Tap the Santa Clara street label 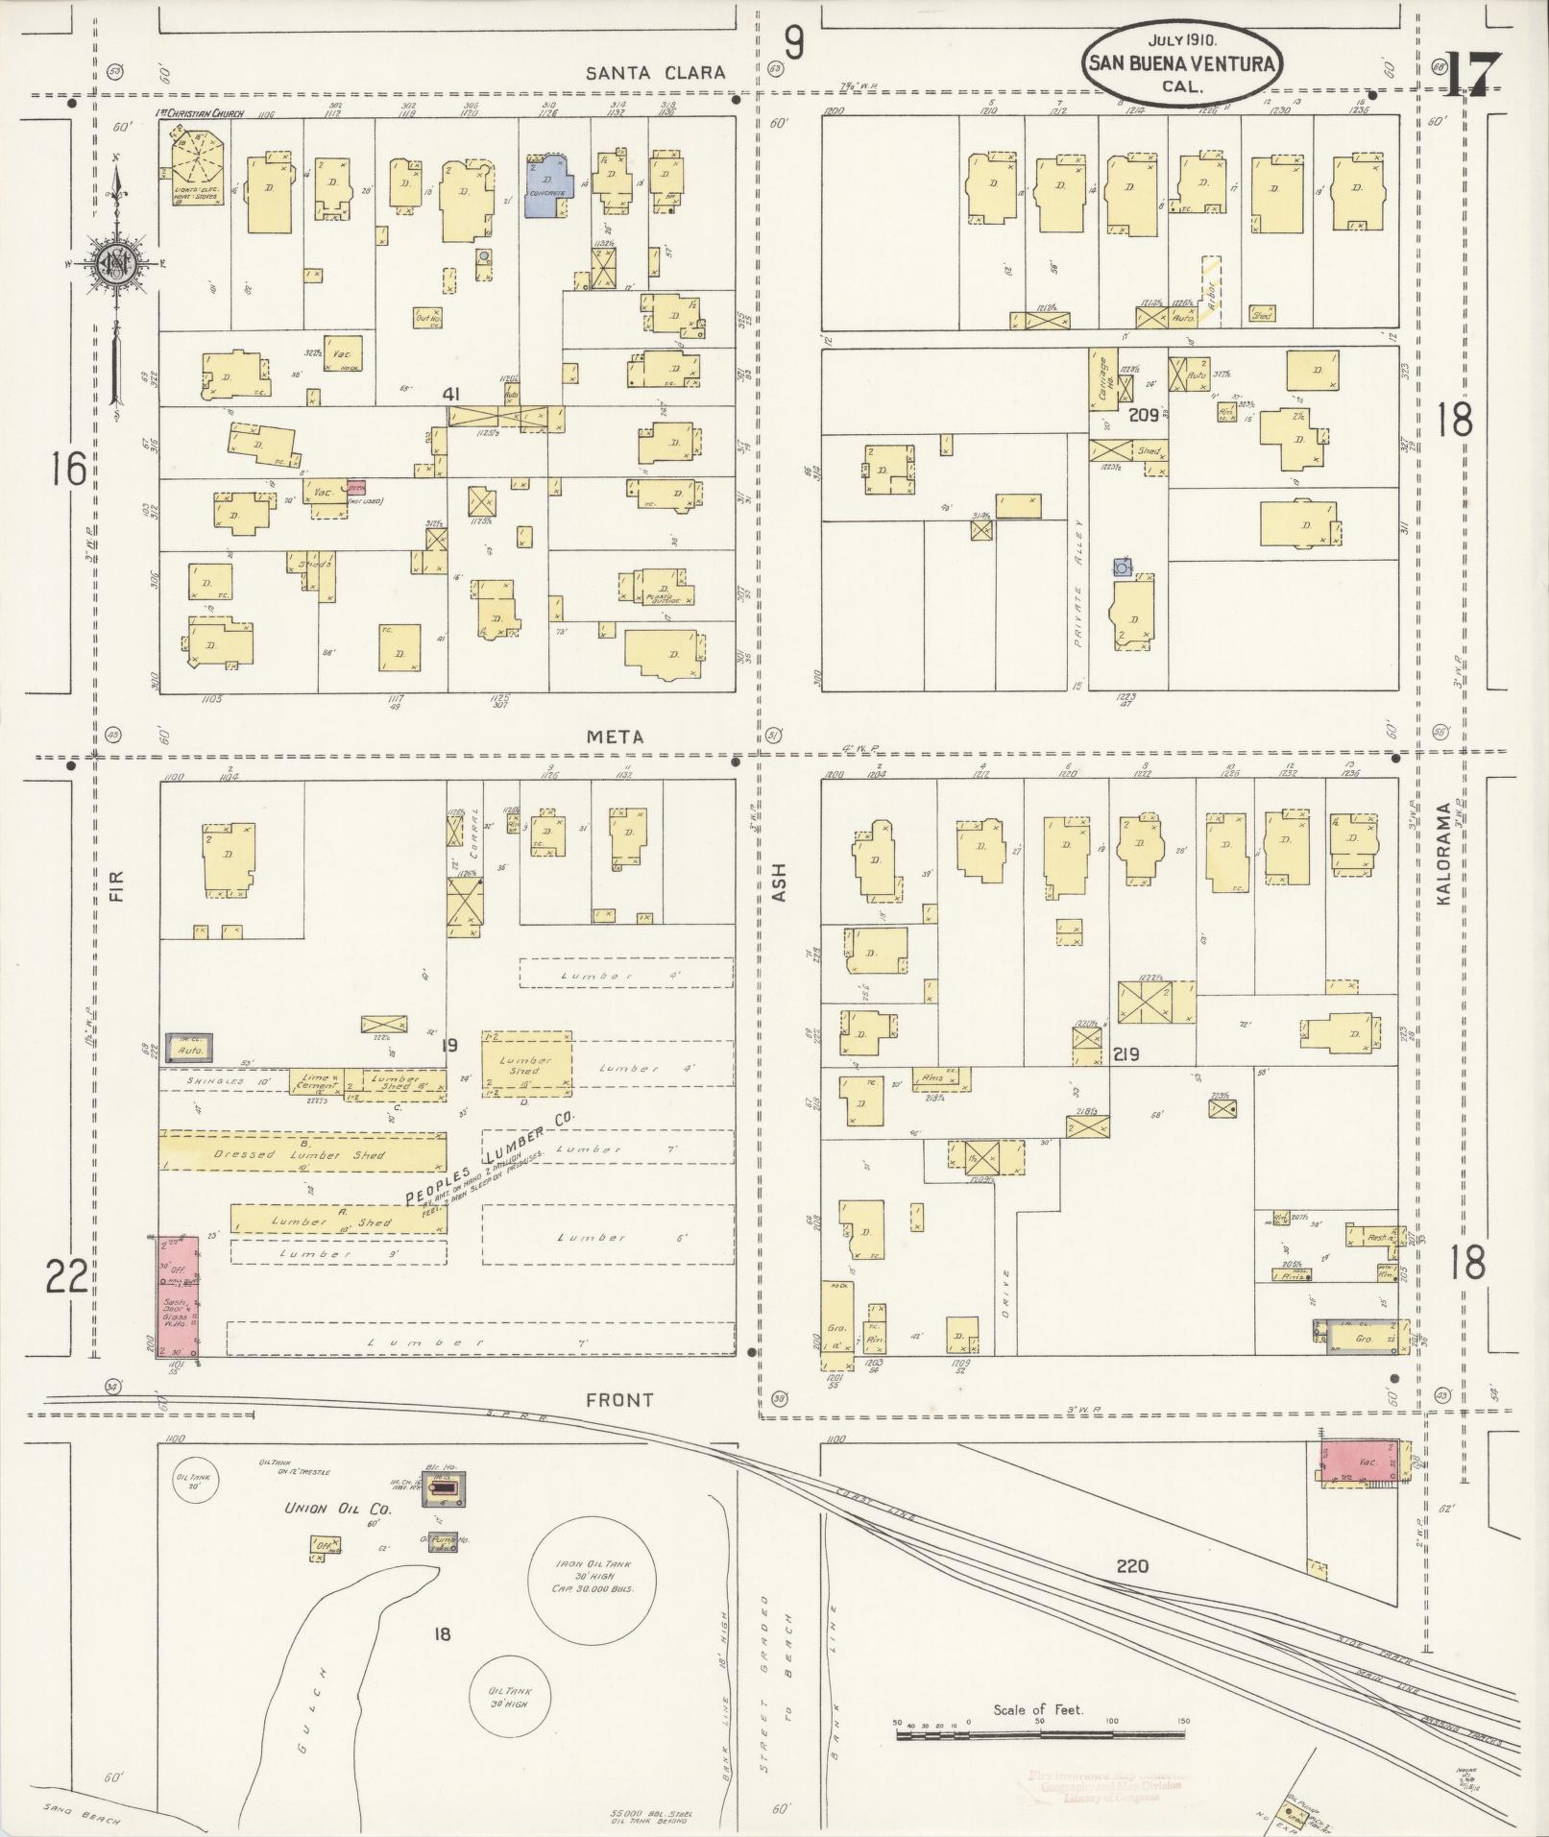pos(656,73)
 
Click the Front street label pos(619,1400)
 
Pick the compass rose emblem pos(114,262)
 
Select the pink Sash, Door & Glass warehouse pos(179,1296)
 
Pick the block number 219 pos(1125,1054)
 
